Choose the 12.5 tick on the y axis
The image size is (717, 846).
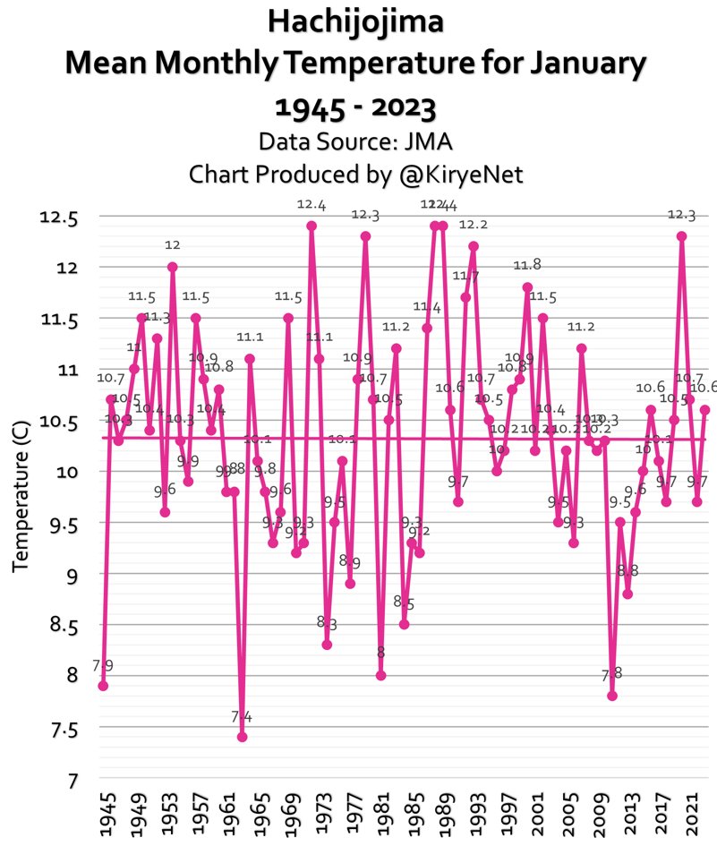(59, 218)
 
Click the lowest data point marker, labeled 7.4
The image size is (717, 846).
(242, 737)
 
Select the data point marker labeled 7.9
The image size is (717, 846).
(103, 686)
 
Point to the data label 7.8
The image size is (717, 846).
(612, 673)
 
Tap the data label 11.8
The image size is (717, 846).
(527, 265)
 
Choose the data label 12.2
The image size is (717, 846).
(474, 224)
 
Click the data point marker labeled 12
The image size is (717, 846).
(172, 267)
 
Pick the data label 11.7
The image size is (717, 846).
(465, 276)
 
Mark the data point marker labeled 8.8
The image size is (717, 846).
(627, 594)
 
